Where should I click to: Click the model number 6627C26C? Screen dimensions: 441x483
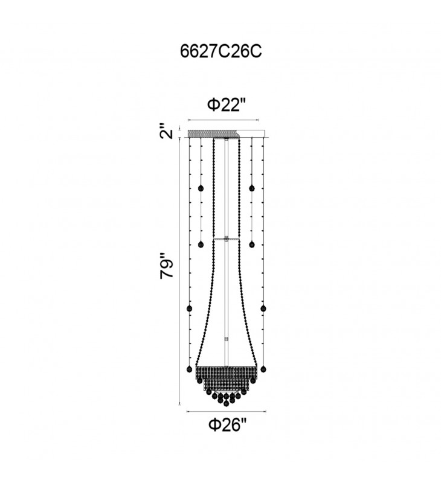point(220,51)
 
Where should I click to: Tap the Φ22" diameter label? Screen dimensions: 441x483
point(227,105)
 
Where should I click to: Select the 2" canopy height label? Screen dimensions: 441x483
point(166,131)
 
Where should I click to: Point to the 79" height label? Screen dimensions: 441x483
point(167,266)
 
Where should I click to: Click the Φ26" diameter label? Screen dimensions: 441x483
point(228,426)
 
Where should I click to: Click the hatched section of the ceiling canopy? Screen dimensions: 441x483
point(213,134)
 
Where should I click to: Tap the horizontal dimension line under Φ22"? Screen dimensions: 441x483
point(224,120)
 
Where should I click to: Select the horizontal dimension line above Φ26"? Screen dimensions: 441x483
point(227,411)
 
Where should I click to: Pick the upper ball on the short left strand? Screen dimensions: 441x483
point(201,188)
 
